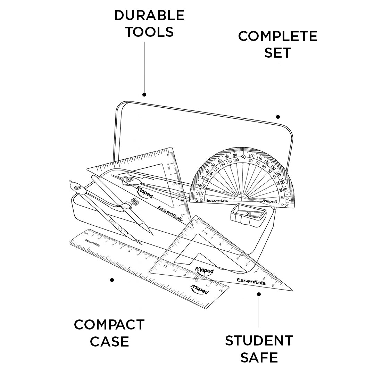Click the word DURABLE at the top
click(149, 15)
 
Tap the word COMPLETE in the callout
click(278, 36)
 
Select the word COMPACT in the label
click(109, 325)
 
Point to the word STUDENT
click(259, 341)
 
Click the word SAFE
click(259, 357)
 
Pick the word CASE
click(109, 341)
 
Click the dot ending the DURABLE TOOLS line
click(144, 94)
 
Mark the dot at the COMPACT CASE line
click(112, 280)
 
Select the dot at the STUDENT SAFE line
click(259, 294)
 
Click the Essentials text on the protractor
click(217, 201)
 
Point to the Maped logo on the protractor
click(269, 201)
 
